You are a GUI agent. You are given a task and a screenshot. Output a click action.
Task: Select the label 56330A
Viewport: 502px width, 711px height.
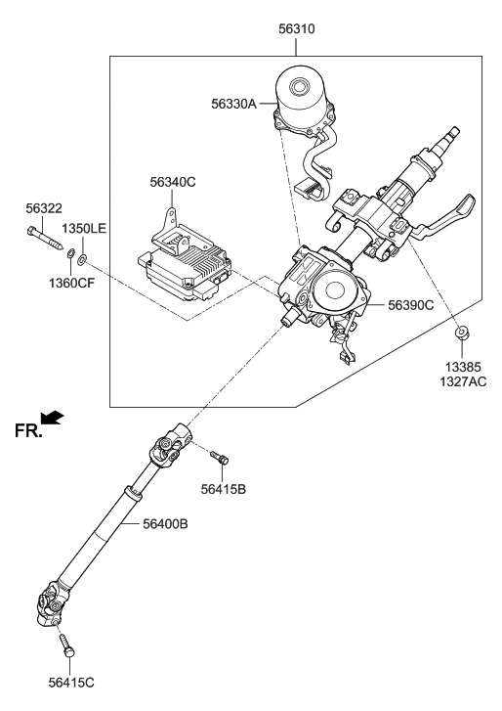[234, 102]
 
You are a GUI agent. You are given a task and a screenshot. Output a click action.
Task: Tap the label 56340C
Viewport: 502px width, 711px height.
[173, 182]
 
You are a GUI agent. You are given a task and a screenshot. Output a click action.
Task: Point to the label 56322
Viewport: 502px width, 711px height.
[43, 209]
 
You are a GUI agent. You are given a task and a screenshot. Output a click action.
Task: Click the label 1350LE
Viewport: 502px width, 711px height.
[85, 228]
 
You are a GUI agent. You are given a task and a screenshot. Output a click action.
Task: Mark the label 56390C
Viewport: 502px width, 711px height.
[410, 306]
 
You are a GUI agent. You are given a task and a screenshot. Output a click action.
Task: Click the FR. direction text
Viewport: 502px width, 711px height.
[28, 429]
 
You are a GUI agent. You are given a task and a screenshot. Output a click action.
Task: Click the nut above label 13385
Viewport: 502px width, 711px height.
[461, 336]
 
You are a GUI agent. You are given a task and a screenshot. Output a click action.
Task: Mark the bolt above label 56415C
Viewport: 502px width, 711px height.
[67, 645]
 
